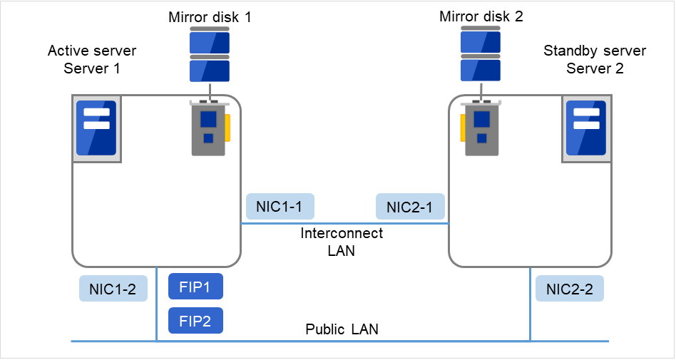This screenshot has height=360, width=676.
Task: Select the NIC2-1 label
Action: click(409, 207)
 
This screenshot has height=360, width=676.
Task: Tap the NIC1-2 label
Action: click(113, 289)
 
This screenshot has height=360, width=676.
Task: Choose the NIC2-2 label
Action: click(569, 289)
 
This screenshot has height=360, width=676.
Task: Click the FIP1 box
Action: click(195, 287)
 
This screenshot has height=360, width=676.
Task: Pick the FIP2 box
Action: click(195, 320)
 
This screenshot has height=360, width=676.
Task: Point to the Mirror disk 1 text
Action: click(210, 16)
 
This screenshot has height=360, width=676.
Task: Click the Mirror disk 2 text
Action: click(481, 16)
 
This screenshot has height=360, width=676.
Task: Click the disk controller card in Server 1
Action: click(209, 128)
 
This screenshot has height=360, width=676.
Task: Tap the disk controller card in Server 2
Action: click(481, 128)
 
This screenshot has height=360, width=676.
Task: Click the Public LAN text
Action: click(342, 329)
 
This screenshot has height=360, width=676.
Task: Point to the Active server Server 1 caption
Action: click(92, 60)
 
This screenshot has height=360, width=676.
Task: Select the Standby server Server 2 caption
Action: click(595, 60)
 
